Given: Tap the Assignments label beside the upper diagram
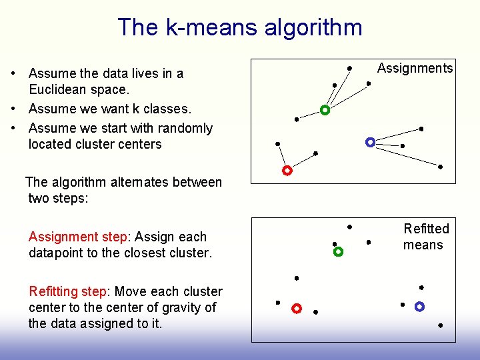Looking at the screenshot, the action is click(415, 68).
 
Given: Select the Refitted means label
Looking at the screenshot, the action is click(425, 237).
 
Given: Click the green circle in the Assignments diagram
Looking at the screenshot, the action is click(325, 110).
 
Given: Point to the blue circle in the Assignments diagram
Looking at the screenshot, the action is click(370, 142).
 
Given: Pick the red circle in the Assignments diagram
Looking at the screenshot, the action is click(287, 171).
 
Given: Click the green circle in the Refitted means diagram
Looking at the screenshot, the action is click(338, 252).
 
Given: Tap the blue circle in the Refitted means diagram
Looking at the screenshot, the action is click(419, 307).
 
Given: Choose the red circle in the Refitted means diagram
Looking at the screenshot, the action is click(297, 309).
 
